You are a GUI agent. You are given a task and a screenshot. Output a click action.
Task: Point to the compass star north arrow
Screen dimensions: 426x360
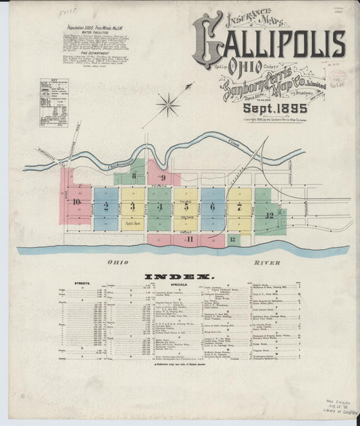click(x=168, y=104)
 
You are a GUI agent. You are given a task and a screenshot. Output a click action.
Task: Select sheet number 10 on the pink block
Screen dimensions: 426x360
click(x=78, y=201)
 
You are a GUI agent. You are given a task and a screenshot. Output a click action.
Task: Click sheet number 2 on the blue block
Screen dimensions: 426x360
click(x=107, y=207)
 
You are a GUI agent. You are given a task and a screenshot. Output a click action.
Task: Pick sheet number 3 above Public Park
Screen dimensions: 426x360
click(x=132, y=207)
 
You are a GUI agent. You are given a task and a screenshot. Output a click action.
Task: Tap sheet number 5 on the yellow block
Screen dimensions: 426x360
click(x=186, y=206)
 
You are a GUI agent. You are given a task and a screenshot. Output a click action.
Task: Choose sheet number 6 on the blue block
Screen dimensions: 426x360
click(x=212, y=207)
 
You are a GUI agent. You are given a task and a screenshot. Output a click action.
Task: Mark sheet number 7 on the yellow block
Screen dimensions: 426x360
click(x=239, y=207)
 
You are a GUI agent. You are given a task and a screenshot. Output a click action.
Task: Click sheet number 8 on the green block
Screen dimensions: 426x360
click(x=134, y=177)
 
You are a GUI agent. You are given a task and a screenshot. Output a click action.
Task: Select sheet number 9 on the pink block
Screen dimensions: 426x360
click(x=163, y=178)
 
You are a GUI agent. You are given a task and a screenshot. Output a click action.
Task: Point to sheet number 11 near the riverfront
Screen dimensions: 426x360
click(x=191, y=239)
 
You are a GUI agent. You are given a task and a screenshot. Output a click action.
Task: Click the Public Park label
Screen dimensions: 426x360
click(x=132, y=221)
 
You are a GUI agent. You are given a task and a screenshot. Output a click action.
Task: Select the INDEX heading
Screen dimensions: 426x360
click(x=180, y=276)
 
